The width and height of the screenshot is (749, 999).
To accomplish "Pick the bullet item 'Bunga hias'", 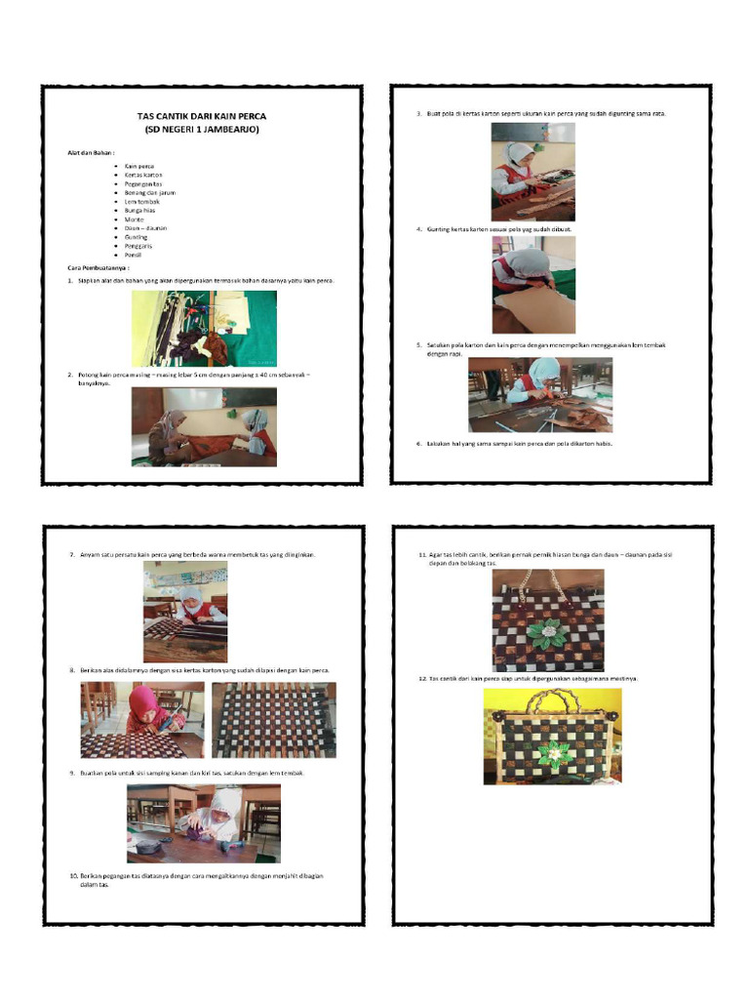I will click(139, 210).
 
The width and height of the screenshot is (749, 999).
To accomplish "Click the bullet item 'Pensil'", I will click(134, 255).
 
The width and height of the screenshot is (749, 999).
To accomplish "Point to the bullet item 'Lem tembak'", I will click(141, 201).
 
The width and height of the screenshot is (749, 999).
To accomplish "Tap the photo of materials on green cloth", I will click(204, 329).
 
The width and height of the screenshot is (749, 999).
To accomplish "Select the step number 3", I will click(417, 114).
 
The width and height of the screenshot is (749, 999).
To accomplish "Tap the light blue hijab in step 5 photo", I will click(546, 368).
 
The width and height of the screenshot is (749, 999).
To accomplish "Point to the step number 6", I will click(417, 444).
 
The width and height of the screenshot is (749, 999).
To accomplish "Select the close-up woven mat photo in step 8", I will click(273, 720).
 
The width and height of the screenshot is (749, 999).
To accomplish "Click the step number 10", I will click(73, 875).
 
